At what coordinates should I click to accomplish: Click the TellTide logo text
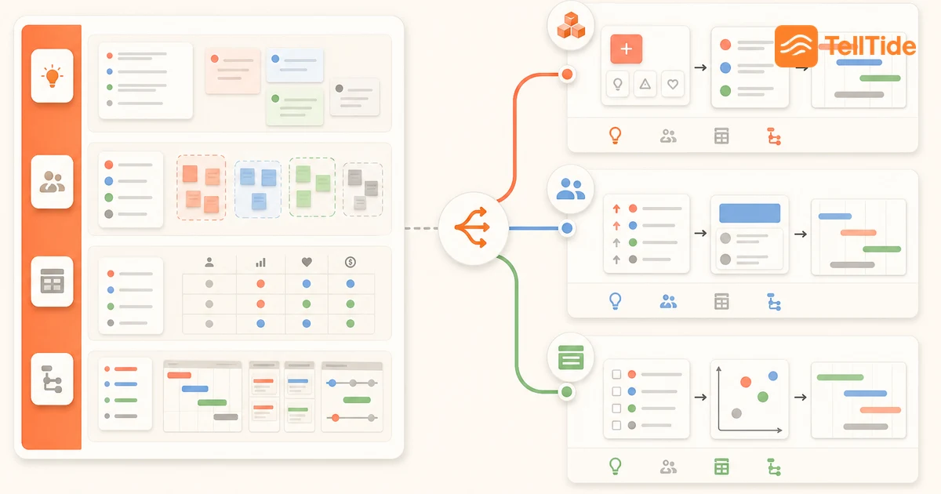870,45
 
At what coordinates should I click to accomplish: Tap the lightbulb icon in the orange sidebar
52,76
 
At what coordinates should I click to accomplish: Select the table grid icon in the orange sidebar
52,281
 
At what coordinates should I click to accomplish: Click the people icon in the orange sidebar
52,181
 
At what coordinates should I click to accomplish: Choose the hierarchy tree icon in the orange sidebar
52,379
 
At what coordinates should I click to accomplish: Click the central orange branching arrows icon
472,227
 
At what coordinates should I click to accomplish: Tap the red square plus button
626,49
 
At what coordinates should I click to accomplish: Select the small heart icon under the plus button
673,84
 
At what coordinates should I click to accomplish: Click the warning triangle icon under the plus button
645,84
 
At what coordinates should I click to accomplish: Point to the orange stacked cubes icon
571,25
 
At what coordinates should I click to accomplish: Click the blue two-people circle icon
571,189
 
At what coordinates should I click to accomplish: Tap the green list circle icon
571,357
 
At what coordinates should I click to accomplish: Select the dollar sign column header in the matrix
351,262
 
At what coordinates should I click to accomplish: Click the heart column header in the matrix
307,262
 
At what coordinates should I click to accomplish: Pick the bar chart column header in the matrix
260,263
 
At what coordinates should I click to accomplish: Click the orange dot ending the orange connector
567,74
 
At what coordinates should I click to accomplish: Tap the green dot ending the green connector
567,392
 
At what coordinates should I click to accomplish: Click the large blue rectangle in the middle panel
750,213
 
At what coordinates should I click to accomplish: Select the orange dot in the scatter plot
746,382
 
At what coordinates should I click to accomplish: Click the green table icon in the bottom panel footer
721,467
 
